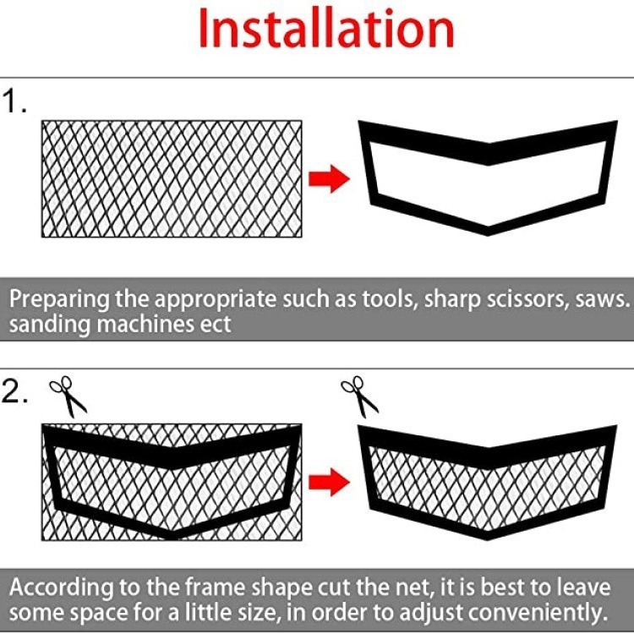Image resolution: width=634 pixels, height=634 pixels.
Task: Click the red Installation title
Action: (x=325, y=30)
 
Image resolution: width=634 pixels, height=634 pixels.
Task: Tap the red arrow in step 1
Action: (x=328, y=178)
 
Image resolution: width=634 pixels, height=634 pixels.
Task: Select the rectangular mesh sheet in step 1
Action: (x=172, y=178)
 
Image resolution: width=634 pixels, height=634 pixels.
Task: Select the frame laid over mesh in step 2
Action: (x=172, y=480)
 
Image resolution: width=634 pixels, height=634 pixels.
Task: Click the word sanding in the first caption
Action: (x=45, y=324)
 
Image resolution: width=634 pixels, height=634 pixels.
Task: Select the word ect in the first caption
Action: (x=215, y=324)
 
